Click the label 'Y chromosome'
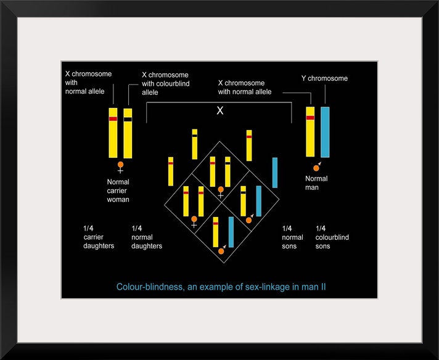pos(324,78)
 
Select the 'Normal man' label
pos(316,182)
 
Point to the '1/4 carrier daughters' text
pos(99,237)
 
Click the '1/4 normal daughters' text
pos(147,237)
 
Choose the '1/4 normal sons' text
pos(292,237)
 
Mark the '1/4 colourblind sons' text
pos(332,237)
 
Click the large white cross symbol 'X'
pos(219,111)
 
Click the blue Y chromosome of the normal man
pos(325,132)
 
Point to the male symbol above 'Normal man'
pos(317,166)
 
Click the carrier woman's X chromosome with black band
pos(128,133)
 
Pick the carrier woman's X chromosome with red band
pos(113,133)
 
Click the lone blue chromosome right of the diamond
pos(275,172)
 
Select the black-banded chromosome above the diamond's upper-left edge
pos(194,141)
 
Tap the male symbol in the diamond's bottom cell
pos(222,250)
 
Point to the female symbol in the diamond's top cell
pos(220,192)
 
